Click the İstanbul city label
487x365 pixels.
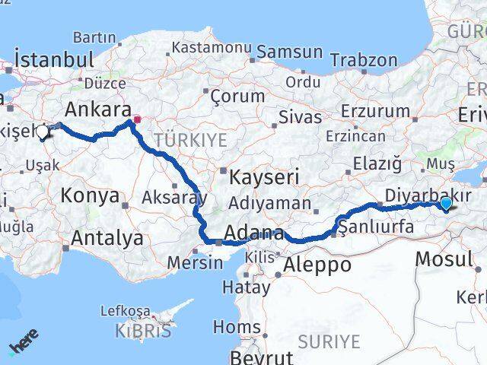click(x=54, y=60)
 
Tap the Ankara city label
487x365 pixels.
click(x=98, y=108)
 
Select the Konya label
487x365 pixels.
click(x=90, y=195)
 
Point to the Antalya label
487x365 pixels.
click(x=107, y=238)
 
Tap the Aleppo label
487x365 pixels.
click(x=317, y=265)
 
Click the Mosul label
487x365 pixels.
click(x=444, y=259)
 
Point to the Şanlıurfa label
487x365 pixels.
click(x=376, y=226)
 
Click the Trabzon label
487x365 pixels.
click(x=364, y=60)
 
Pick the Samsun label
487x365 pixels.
click(x=289, y=52)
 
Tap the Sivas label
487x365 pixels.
click(x=295, y=118)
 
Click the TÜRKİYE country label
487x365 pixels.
click(x=190, y=139)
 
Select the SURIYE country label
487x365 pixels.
click(x=329, y=341)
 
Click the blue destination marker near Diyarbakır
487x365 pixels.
click(x=446, y=202)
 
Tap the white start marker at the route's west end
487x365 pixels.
click(x=42, y=132)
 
